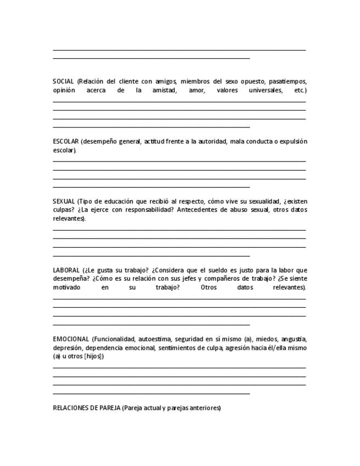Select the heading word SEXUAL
64,202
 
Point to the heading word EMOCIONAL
71,339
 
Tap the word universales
265,90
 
